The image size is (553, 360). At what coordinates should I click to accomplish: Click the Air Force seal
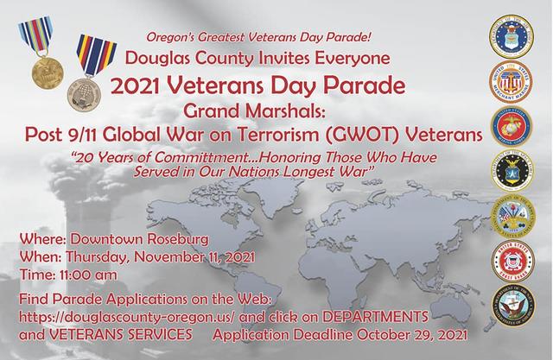511,36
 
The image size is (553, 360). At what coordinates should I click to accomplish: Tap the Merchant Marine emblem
511,82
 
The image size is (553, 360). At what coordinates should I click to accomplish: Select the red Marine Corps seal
512,127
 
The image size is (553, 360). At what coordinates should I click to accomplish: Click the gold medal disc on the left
48,73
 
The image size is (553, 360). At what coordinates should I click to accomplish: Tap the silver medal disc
85,94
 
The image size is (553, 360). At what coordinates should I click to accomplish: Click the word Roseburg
177,239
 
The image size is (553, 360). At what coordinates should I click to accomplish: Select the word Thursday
96,257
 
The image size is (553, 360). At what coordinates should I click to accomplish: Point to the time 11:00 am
88,275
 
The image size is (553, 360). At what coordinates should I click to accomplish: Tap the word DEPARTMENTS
375,316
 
